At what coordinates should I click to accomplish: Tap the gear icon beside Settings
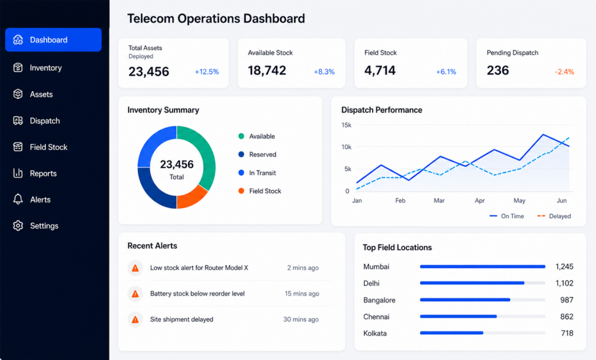(x=18, y=226)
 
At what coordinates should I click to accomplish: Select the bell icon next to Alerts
(x=18, y=199)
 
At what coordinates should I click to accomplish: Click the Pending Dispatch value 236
(x=498, y=70)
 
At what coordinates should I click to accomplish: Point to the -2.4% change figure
(x=565, y=72)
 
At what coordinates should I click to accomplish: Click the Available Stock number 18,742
(x=267, y=70)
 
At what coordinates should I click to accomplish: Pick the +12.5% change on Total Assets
(x=207, y=72)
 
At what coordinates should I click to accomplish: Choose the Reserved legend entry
(x=257, y=155)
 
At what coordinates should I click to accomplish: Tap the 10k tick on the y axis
(x=346, y=147)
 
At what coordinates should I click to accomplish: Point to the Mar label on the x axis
(x=439, y=201)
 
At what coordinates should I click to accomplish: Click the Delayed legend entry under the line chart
(x=554, y=216)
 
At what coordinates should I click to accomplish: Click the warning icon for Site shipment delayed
(x=135, y=320)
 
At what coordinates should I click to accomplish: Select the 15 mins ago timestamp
(x=302, y=294)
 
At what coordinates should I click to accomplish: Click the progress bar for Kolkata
(x=483, y=333)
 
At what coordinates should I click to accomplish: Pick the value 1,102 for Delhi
(x=564, y=283)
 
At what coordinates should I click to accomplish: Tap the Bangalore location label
(x=379, y=300)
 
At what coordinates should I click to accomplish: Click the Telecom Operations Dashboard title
(x=216, y=19)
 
